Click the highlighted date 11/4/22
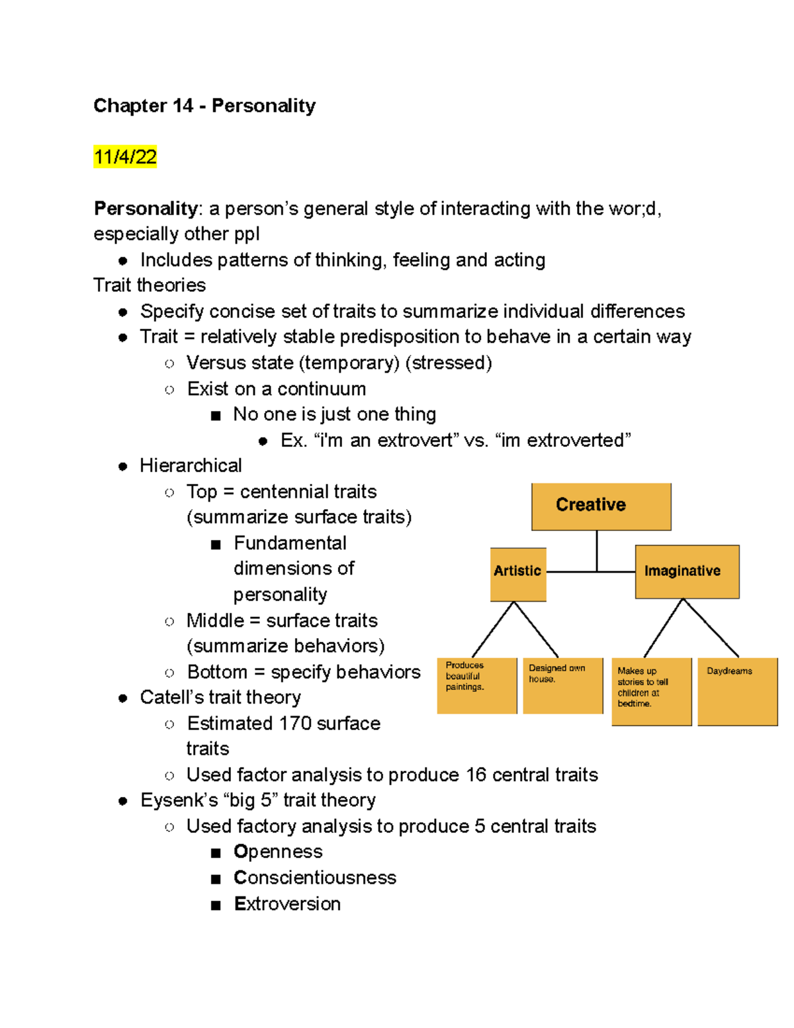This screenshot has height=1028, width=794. point(125,157)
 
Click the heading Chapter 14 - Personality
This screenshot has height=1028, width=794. point(204,106)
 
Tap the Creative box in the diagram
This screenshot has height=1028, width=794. point(601,506)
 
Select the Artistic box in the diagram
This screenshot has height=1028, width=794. point(517,573)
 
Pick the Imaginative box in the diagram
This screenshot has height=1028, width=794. point(686,571)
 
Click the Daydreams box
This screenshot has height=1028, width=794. point(737,691)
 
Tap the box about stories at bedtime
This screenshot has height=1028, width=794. point(651,691)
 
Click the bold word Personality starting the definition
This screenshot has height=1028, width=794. point(146,209)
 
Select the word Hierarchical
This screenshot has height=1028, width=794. point(191,465)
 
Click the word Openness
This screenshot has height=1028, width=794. point(278,851)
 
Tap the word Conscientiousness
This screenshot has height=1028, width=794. point(315,877)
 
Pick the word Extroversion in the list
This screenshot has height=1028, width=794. point(287,904)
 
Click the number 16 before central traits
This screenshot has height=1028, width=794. point(476,774)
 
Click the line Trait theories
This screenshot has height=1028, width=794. point(150,285)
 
